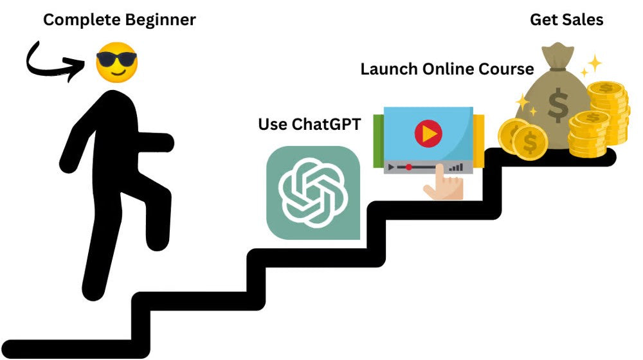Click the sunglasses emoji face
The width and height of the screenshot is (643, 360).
point(116,62)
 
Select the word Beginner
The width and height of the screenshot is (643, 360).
point(161,20)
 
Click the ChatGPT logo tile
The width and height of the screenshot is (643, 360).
point(313,193)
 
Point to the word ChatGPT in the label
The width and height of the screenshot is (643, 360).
point(328,123)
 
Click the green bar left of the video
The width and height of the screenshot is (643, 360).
point(378,142)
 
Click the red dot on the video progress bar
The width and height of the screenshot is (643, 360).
point(409,167)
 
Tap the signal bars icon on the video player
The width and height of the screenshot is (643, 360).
point(456,166)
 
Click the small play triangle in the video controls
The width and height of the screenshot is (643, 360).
point(390,167)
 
